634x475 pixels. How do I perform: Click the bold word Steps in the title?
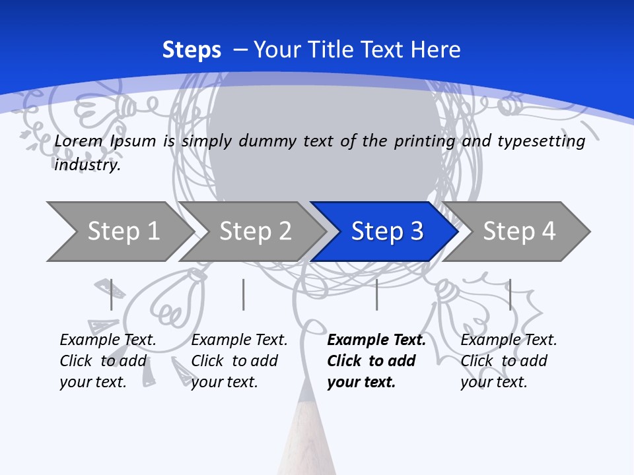(x=192, y=49)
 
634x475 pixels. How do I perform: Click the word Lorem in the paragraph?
(x=79, y=141)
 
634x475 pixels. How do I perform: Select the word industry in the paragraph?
(x=87, y=164)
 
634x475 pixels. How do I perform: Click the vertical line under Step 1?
(x=112, y=294)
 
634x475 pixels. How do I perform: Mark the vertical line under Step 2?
(x=244, y=294)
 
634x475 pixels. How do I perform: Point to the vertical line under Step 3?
(x=376, y=294)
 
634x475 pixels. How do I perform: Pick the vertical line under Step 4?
(x=510, y=294)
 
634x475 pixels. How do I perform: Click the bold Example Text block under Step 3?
(x=376, y=361)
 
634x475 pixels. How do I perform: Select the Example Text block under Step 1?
(x=108, y=361)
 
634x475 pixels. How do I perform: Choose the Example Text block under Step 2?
(x=239, y=361)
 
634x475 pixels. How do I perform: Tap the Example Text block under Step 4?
(x=509, y=361)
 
